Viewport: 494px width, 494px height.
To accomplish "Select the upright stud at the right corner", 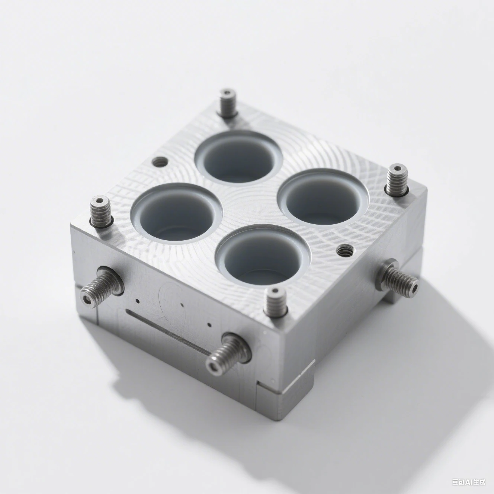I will point(397,181).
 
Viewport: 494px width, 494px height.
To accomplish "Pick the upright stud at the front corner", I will point(276,302).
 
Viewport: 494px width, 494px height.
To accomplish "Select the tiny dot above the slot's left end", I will point(138,301).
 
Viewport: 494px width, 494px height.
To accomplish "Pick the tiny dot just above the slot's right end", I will point(209,325).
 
